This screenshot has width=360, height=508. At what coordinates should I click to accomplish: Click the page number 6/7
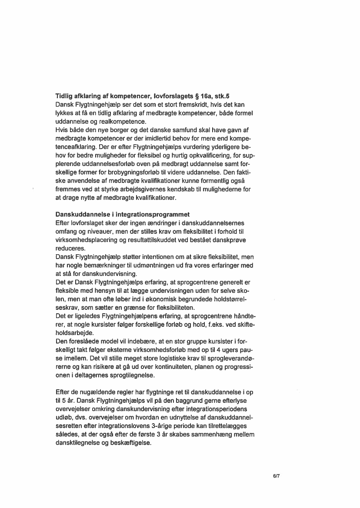pyautogui.click(x=275, y=476)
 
